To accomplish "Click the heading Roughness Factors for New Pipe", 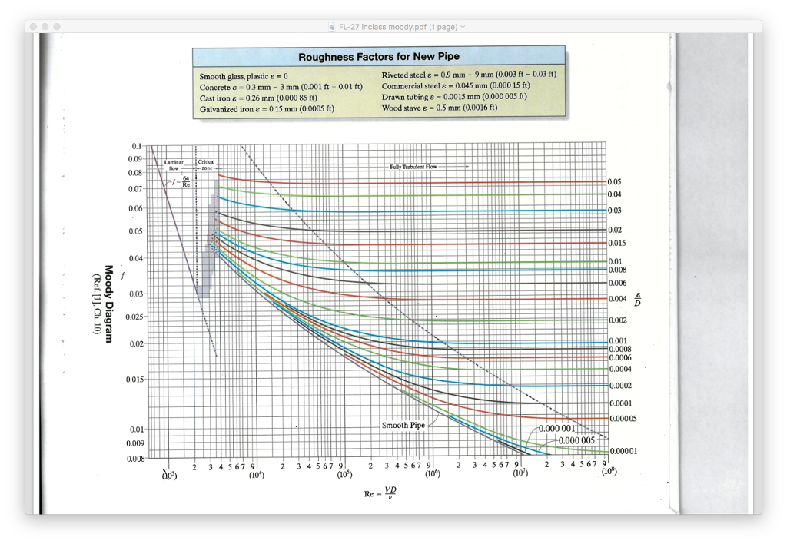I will coord(378,58).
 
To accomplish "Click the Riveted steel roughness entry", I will coord(469,75).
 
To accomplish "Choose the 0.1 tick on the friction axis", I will coord(137,146).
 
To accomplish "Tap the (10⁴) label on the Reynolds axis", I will coord(256,475).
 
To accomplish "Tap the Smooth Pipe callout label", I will coord(403,425).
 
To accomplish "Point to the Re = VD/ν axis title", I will coord(382,492).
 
